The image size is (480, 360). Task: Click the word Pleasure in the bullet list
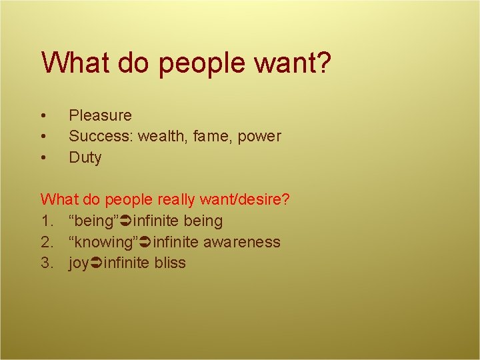click(100, 115)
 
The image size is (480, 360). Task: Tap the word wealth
click(163, 137)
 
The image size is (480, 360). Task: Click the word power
click(259, 137)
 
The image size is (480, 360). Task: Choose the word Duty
click(85, 158)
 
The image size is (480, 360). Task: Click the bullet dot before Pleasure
click(43, 116)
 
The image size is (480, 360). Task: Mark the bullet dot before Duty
click(43, 159)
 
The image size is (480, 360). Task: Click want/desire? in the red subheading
click(247, 199)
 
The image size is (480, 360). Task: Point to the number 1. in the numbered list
click(47, 221)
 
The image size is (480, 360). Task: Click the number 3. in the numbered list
click(47, 263)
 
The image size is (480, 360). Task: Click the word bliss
click(169, 263)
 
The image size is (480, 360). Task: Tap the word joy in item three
click(79, 263)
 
